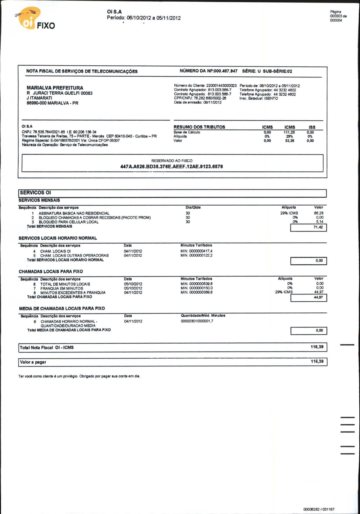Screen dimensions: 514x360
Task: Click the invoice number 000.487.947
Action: [225, 71]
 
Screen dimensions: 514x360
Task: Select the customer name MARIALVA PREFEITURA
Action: [55, 88]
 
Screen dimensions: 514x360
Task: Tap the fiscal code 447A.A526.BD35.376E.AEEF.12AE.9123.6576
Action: [172, 167]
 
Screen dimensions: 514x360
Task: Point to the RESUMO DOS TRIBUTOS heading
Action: [199, 127]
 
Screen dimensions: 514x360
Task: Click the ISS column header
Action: [312, 127]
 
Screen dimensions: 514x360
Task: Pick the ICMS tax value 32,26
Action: [289, 141]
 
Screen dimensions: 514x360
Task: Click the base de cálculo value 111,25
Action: [289, 132]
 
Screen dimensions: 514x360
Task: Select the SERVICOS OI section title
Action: [35, 193]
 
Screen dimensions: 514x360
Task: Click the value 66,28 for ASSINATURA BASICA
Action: [319, 213]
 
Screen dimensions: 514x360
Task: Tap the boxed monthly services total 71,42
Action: [318, 227]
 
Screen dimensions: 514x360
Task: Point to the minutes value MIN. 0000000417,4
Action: [196, 251]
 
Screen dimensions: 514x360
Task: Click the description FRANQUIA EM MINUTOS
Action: [62, 288]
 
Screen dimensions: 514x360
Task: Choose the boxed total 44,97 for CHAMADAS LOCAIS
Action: [318, 297]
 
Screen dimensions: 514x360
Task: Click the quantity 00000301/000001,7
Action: [197, 321]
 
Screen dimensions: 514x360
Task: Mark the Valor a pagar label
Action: [33, 362]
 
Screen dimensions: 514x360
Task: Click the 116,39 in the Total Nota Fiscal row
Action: [317, 347]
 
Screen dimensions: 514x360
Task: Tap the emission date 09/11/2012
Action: [212, 102]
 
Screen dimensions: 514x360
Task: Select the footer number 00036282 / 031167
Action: [319, 509]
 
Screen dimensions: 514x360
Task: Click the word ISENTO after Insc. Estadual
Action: [271, 98]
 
